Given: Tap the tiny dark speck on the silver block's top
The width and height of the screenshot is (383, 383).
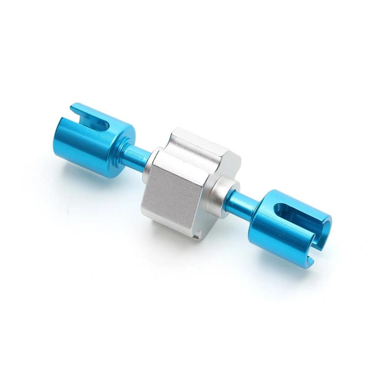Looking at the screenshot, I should (184, 162).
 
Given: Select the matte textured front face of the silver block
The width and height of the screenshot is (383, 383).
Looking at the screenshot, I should (172, 194).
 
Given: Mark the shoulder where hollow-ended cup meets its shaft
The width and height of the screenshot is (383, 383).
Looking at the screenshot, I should (258, 209).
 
